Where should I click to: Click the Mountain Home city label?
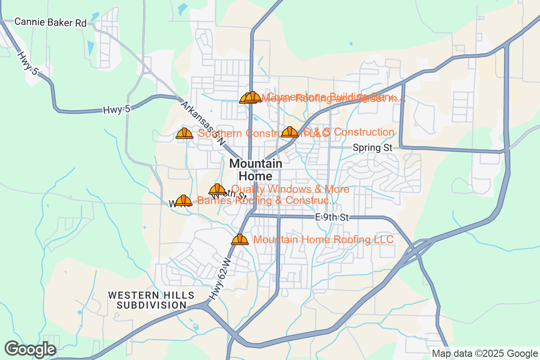coord(256,170)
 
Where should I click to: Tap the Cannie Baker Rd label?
coord(50,22)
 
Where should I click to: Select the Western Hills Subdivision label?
coord(151,300)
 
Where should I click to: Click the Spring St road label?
coord(373,147)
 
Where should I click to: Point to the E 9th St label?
coord(332,218)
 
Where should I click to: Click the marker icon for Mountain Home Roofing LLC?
coord(240,239)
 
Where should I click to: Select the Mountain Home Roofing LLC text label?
coord(324,239)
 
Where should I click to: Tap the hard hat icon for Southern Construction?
coord(184,133)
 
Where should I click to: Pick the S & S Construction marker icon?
coord(289,132)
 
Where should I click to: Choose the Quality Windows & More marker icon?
coord(217,189)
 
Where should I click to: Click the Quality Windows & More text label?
coord(290,189)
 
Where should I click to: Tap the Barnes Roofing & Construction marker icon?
coord(184,201)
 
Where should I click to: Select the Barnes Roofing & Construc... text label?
coord(267,201)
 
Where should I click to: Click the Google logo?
coord(30,349)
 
